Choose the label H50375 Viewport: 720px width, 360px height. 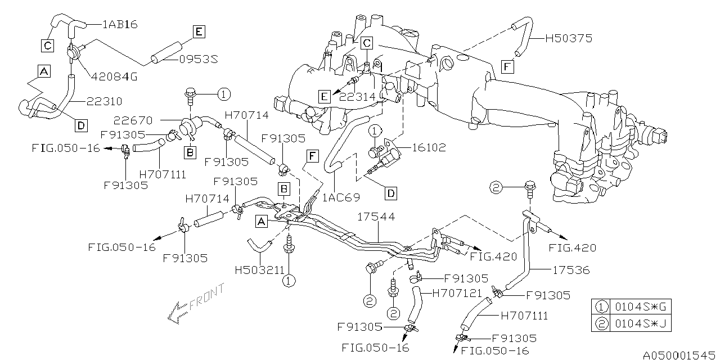[x=569, y=39]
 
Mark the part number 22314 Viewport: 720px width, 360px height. [x=356, y=97]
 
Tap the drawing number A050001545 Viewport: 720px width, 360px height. [x=678, y=354]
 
